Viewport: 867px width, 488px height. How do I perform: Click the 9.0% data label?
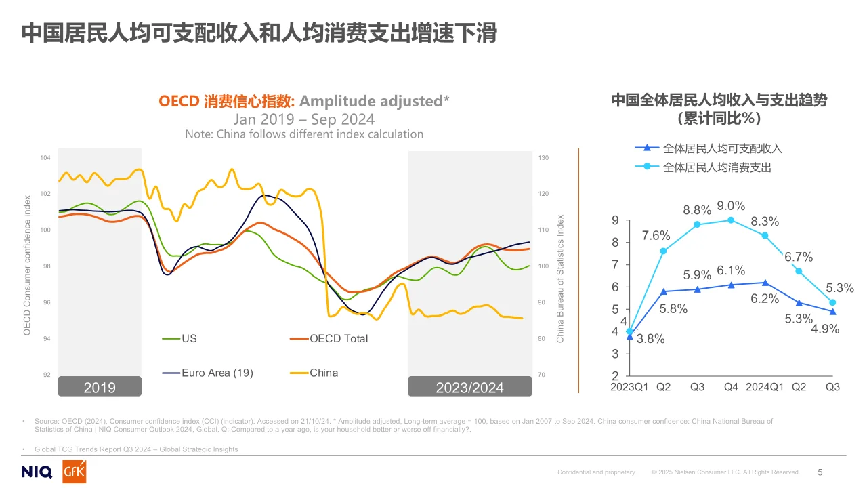(731, 206)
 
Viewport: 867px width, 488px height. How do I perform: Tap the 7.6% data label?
(656, 236)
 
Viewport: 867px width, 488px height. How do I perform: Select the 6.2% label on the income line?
(765, 298)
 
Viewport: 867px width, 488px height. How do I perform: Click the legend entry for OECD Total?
(338, 338)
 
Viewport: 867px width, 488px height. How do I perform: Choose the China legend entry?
(323, 373)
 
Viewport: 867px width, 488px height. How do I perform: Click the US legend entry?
(189, 338)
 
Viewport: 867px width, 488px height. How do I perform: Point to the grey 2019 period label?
(100, 387)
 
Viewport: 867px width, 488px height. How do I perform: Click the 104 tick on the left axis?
(45, 158)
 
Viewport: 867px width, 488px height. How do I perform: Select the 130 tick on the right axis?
(543, 158)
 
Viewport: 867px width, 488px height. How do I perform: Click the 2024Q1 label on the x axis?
(764, 387)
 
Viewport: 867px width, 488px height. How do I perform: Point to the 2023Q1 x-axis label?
(630, 387)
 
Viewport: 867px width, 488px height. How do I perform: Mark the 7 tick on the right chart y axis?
(614, 265)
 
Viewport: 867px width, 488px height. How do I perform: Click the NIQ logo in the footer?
(38, 472)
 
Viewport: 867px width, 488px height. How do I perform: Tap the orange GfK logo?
(74, 472)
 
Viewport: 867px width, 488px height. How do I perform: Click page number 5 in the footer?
(820, 472)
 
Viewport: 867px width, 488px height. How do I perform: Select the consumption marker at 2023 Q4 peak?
(731, 220)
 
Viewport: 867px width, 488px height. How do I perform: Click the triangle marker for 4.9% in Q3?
(832, 312)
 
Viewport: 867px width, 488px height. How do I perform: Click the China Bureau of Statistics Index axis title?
(560, 279)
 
